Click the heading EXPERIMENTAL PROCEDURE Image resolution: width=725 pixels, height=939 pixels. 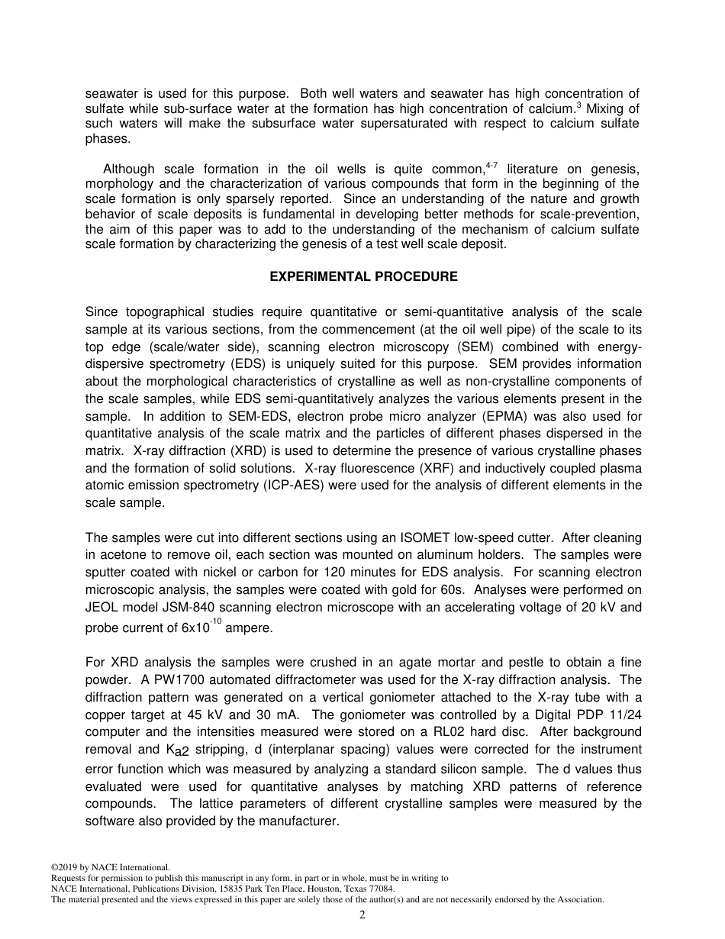pos(363,277)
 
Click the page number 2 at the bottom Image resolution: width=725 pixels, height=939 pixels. pos(362,915)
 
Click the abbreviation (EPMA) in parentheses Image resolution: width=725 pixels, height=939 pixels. pos(475,416)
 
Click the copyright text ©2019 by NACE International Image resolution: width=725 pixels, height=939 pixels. pos(110,867)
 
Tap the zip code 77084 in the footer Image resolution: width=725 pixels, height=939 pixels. pos(380,889)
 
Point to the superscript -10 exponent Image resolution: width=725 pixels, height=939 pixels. pos(215,622)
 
